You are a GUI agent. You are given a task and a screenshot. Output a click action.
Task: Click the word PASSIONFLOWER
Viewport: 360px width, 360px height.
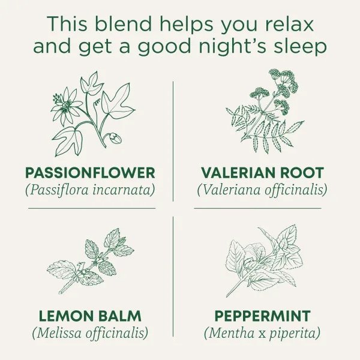(90, 173)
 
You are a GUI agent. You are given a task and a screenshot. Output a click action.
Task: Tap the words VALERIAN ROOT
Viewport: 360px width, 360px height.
(262, 173)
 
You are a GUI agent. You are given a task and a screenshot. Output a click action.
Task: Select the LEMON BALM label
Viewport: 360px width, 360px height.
(90, 316)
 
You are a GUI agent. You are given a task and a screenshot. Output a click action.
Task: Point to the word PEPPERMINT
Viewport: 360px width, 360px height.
(262, 316)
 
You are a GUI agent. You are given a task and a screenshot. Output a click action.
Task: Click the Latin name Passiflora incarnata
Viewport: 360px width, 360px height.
(90, 190)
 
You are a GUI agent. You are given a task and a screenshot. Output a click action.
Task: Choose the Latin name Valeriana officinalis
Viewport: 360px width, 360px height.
(262, 190)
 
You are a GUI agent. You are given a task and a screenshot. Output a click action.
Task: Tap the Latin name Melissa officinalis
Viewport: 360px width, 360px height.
(90, 333)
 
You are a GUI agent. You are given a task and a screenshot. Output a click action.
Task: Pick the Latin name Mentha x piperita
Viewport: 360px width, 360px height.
(262, 333)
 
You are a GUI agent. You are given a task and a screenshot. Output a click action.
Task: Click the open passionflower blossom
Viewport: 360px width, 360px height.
(66, 106)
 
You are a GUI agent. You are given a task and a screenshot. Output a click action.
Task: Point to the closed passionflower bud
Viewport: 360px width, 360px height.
(115, 138)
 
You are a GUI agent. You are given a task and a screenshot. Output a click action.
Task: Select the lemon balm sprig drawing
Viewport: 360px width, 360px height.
(91, 261)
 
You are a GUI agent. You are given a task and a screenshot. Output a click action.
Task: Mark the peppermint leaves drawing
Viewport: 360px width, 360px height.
(264, 260)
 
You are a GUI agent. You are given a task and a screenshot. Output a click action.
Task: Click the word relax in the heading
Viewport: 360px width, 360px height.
(289, 24)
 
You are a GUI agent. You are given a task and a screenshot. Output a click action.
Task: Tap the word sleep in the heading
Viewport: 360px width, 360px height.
(300, 47)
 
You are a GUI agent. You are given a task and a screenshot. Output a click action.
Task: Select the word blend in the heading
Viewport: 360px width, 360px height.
(123, 24)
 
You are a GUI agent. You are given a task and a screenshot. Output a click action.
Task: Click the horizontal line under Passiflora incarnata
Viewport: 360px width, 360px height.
(92, 208)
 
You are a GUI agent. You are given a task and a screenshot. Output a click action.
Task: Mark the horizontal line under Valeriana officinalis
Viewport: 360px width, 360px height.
(257, 208)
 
